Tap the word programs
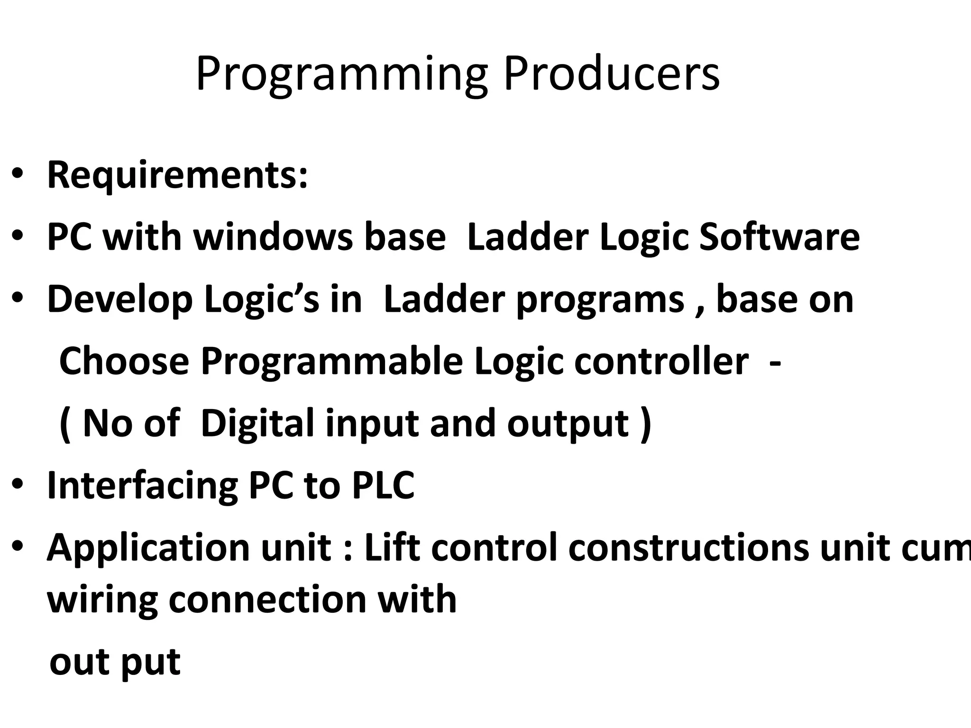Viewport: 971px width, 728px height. point(600,300)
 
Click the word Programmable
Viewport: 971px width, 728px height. point(332,363)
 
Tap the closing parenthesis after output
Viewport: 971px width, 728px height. point(646,424)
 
